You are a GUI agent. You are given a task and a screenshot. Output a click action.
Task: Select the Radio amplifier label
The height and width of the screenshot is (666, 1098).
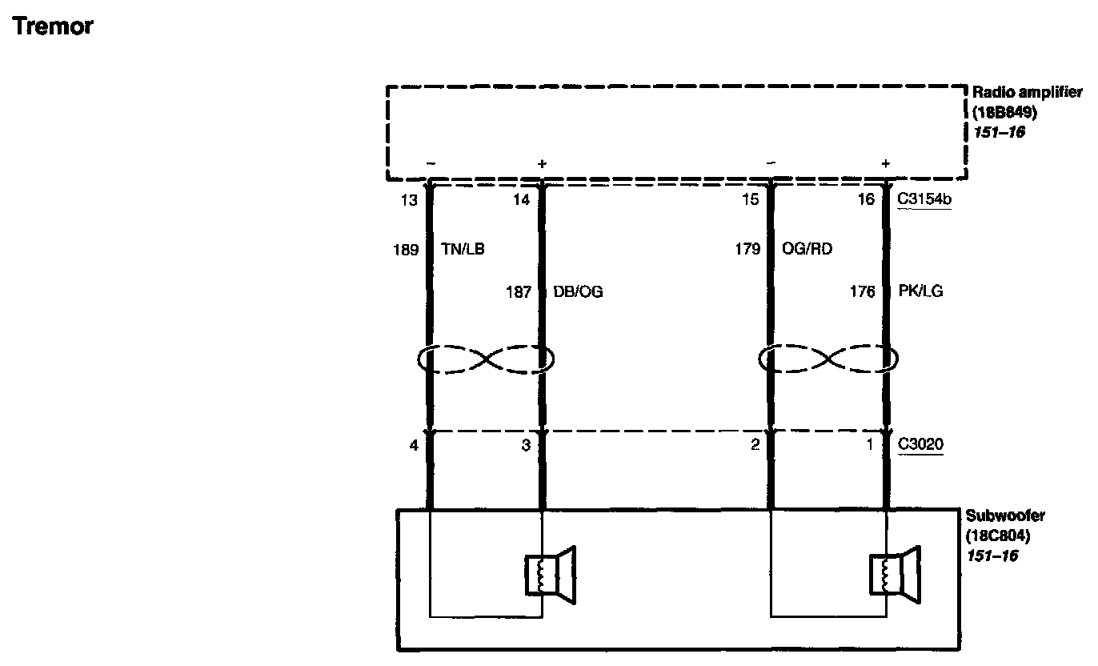click(x=1027, y=94)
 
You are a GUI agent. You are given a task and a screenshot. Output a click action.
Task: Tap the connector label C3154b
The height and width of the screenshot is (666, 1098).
click(x=924, y=200)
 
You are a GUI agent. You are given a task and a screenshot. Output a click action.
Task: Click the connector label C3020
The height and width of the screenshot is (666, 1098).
click(x=920, y=445)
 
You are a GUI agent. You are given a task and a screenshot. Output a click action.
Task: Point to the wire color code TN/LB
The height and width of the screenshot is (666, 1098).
click(x=463, y=250)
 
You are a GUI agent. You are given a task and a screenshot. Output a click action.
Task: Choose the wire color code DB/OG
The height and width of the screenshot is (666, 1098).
click(x=578, y=293)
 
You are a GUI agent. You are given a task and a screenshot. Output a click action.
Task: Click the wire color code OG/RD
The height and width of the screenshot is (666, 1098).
click(x=807, y=250)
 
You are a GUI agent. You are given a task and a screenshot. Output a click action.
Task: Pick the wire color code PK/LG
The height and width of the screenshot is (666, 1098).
click(x=920, y=292)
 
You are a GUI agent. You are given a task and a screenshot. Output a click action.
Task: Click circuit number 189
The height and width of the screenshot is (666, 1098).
click(x=407, y=250)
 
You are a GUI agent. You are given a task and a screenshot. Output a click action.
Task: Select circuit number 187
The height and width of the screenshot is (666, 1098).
click(x=519, y=293)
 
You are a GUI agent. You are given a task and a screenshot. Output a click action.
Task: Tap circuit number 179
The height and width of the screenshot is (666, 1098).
click(x=747, y=250)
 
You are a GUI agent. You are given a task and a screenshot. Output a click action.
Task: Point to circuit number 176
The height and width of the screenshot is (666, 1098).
click(x=862, y=292)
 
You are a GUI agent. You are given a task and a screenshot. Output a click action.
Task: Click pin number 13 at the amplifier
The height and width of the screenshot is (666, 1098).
click(x=409, y=200)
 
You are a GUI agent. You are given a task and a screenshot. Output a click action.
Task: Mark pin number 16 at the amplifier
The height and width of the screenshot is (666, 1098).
click(x=866, y=200)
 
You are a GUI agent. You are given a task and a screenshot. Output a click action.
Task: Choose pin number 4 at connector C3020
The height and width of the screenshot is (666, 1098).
click(x=414, y=445)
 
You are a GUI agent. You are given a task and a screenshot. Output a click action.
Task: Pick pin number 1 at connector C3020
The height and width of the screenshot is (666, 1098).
click(x=870, y=445)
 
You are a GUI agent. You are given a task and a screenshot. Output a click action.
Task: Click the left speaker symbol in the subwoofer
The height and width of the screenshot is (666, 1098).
click(x=550, y=574)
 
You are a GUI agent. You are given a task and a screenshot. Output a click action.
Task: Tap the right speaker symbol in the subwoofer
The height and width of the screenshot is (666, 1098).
click(x=895, y=574)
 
